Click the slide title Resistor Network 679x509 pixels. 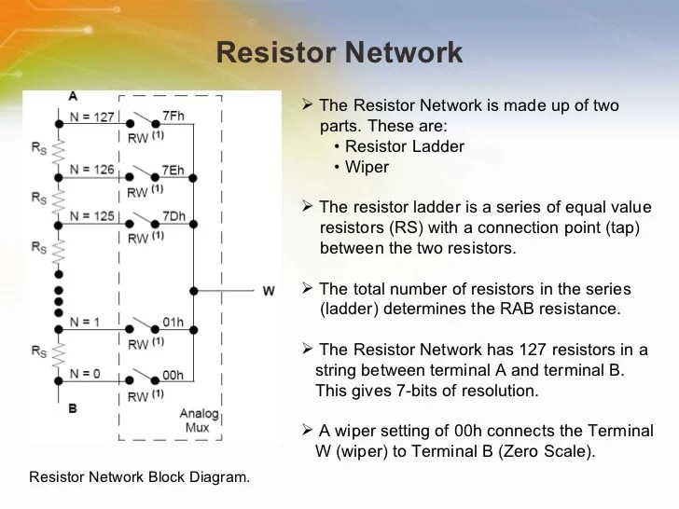tap(339, 51)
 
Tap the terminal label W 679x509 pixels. tap(269, 291)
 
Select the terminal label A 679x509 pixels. tap(73, 96)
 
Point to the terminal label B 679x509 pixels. tap(73, 408)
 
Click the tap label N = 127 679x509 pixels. tap(92, 117)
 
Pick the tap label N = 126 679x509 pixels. tap(92, 170)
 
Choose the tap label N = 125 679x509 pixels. tap(92, 216)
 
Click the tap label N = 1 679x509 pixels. tap(86, 322)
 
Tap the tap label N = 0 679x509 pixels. tap(86, 373)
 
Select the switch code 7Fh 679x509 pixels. tap(173, 117)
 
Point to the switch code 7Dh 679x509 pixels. tap(173, 217)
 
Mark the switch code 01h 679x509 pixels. tap(173, 323)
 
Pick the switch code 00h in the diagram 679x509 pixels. tap(173, 374)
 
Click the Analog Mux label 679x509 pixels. tap(195, 419)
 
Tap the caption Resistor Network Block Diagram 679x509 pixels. tap(140, 477)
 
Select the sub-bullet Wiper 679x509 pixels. tap(367, 167)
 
